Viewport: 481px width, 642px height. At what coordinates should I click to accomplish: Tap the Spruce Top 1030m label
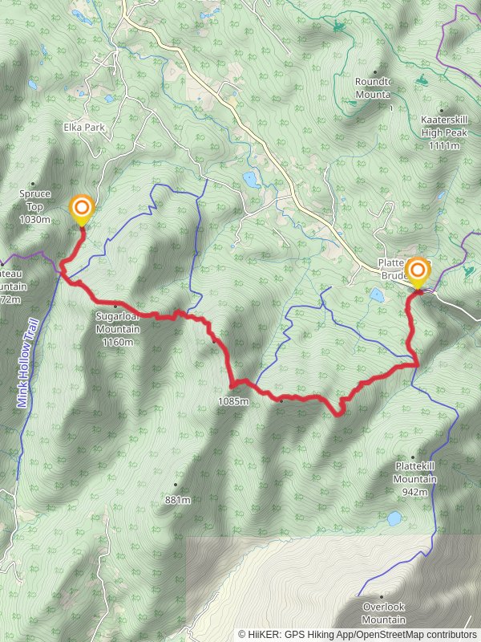pos(34,206)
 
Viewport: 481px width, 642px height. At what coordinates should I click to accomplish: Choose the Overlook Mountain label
pos(383,613)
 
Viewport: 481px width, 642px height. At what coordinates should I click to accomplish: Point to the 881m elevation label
pos(177,500)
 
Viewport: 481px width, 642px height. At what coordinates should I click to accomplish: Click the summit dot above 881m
pos(176,486)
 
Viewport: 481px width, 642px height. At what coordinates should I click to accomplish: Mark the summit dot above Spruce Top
pos(34,184)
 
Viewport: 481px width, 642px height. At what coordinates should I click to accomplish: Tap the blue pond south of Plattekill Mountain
pos(394,518)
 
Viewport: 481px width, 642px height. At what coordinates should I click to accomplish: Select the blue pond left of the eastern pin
pos(376,295)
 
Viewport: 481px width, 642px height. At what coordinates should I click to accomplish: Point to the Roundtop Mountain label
pos(373,87)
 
